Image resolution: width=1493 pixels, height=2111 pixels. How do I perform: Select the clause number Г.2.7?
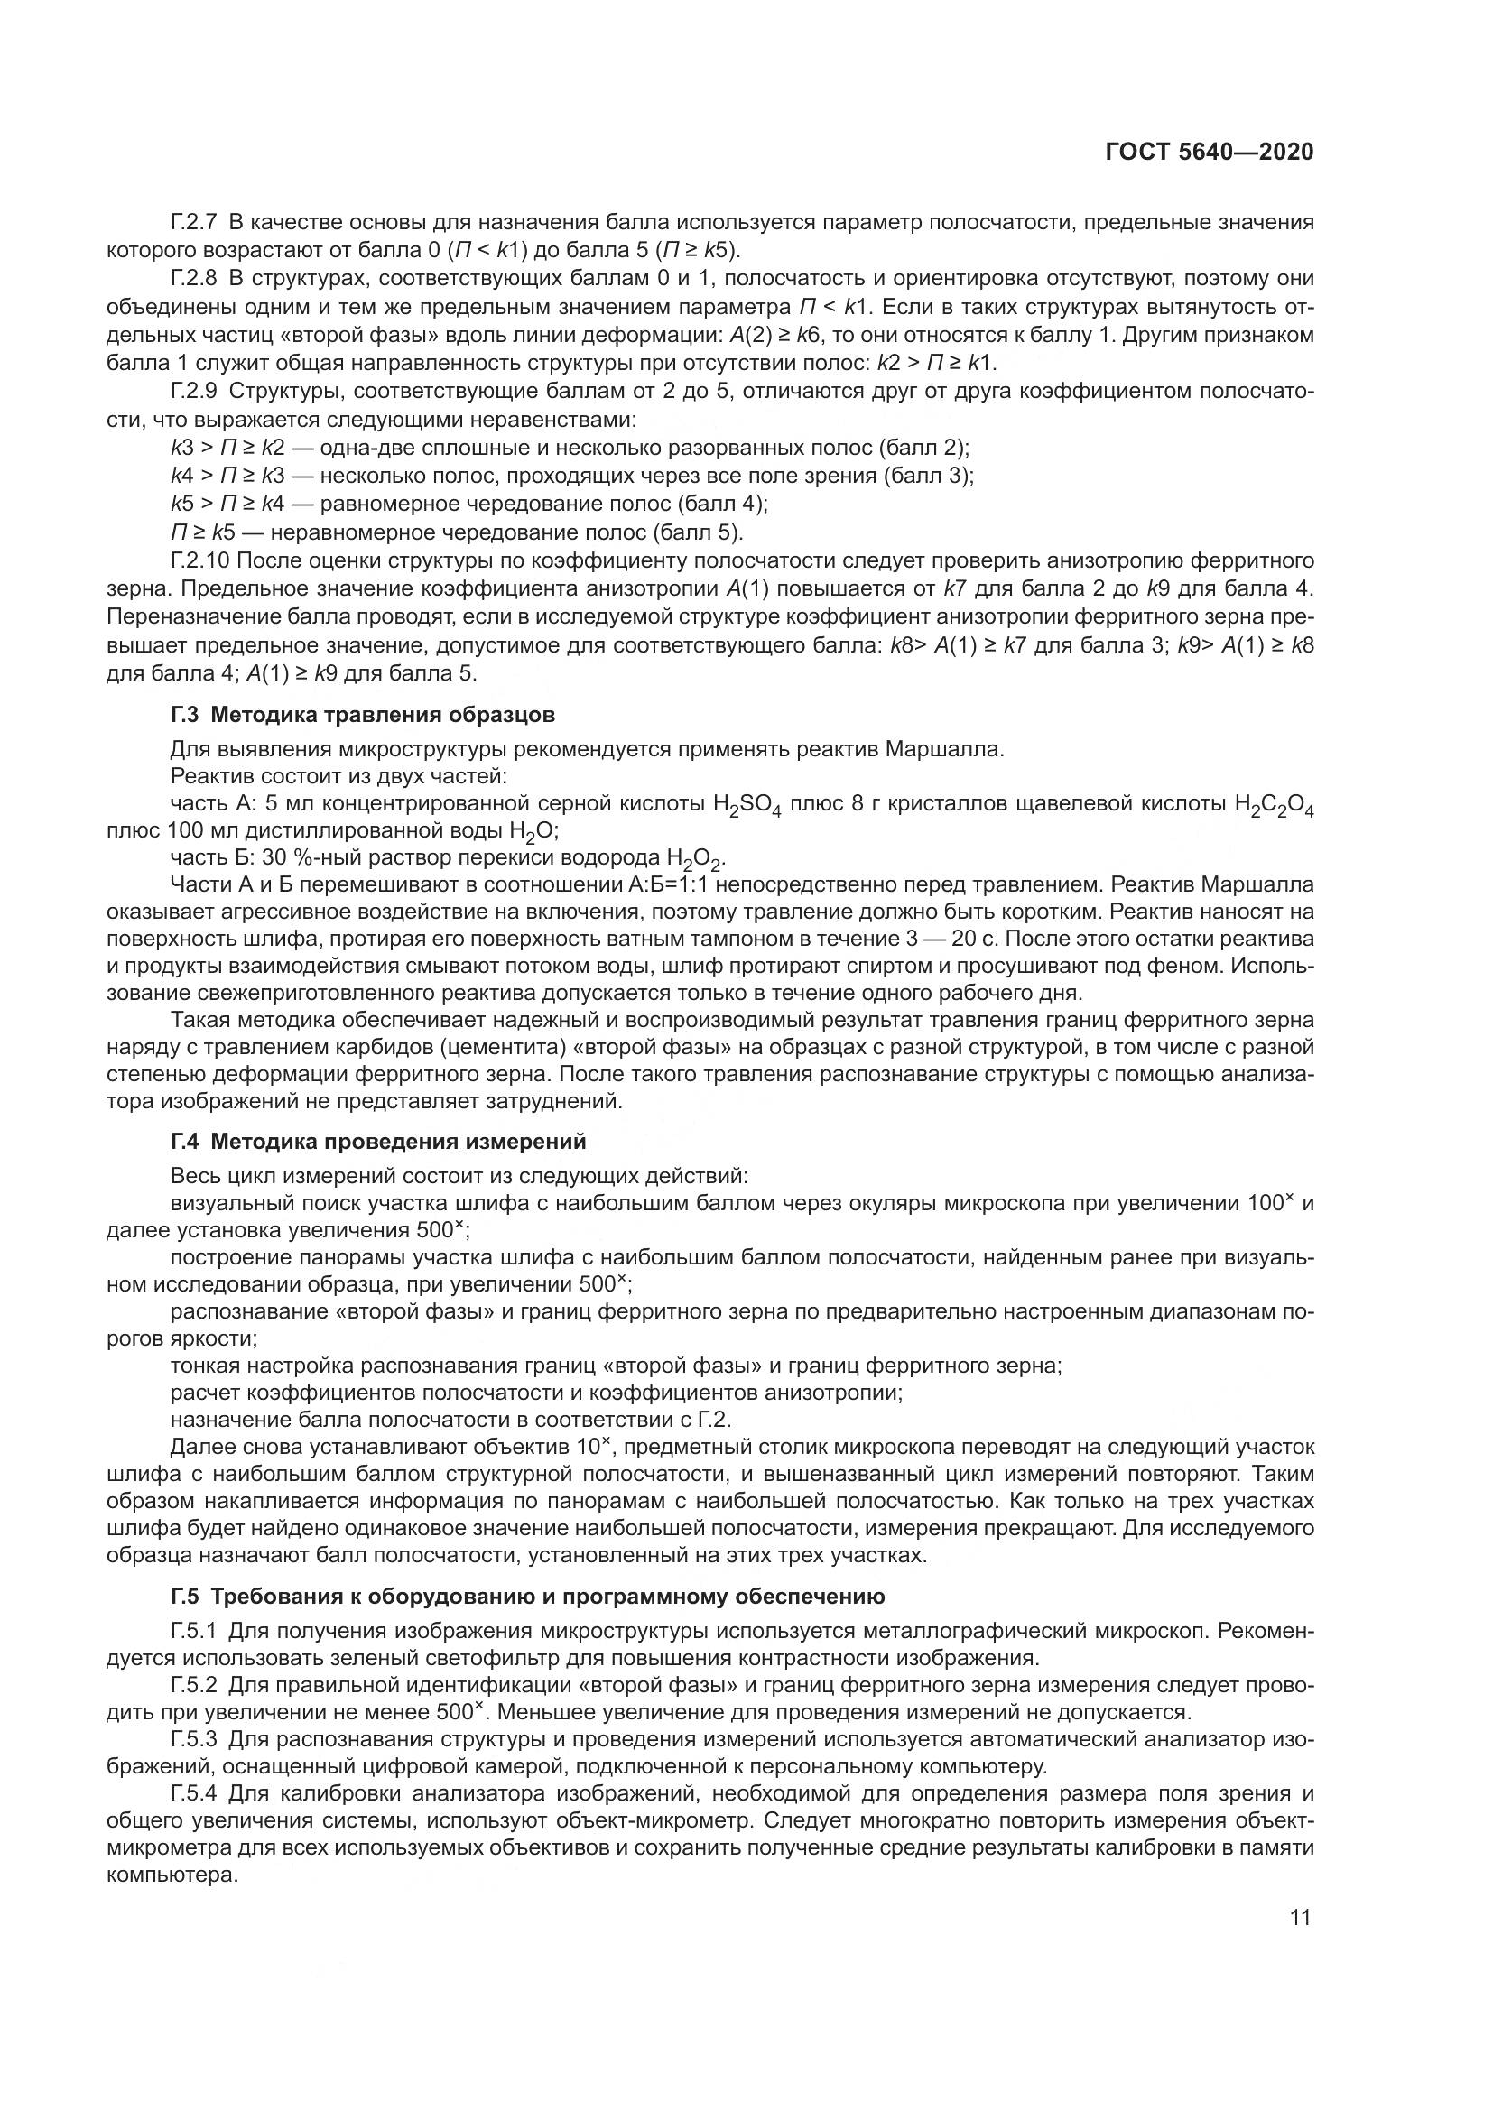click(x=194, y=222)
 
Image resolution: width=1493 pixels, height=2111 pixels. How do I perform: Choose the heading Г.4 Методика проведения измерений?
click(x=378, y=1142)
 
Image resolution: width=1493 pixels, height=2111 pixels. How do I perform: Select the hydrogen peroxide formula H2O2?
click(x=696, y=860)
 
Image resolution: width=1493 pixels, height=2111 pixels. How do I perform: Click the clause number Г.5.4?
click(x=194, y=1793)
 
